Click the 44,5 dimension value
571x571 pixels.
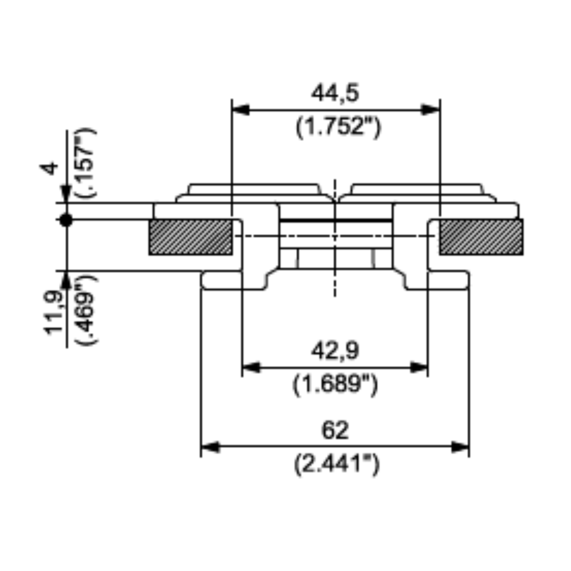click(335, 93)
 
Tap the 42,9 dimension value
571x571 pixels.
click(335, 351)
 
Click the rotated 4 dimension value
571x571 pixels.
click(49, 168)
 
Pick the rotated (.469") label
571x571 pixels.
click(86, 310)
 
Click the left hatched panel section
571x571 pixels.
click(191, 237)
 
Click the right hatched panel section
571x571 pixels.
click(481, 237)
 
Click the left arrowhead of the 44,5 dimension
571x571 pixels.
click(241, 110)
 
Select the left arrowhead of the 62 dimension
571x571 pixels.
click(211, 447)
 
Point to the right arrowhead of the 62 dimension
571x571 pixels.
click(460, 447)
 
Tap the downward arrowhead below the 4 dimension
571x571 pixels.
click(66, 194)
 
